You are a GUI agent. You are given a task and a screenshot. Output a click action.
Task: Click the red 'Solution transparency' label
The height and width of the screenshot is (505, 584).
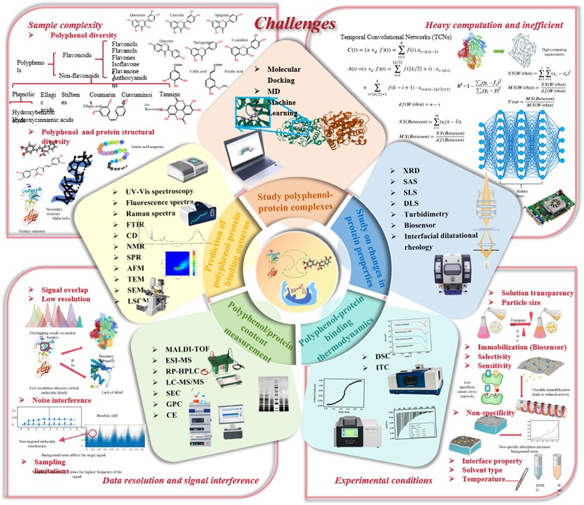(536, 292)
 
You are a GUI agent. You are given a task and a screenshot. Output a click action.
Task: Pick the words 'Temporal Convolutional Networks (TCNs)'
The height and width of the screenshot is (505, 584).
(396, 36)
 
